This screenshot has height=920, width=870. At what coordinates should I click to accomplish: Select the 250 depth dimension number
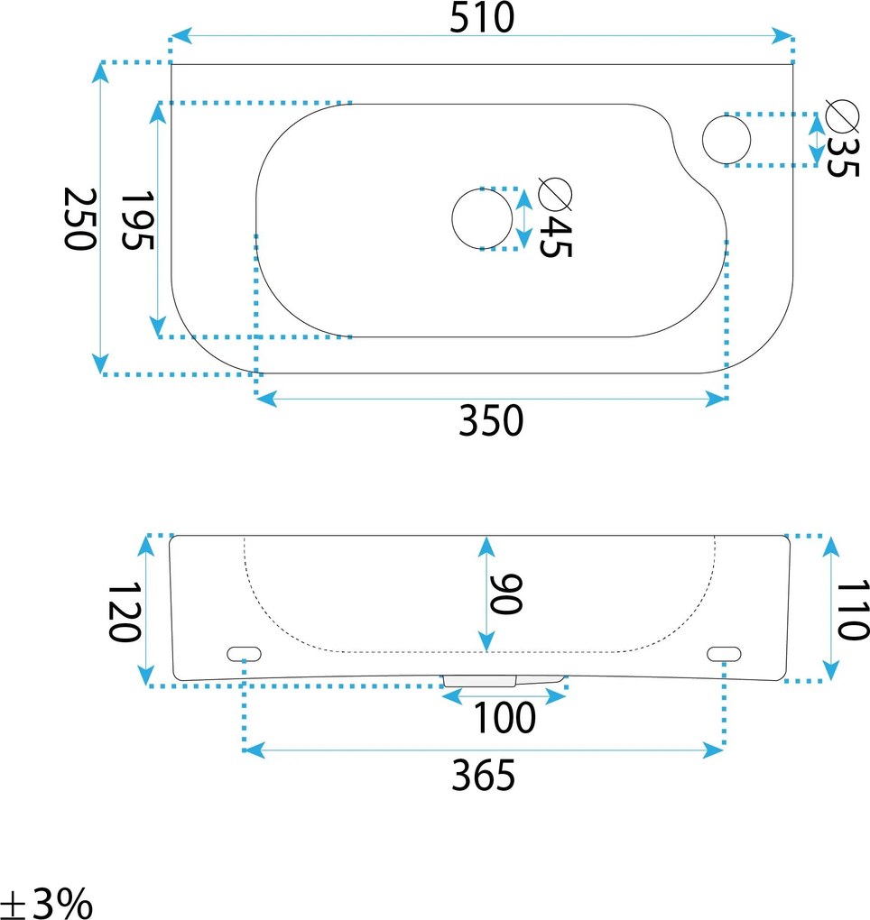coord(79,220)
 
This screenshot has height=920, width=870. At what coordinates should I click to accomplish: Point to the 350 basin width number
coord(490,420)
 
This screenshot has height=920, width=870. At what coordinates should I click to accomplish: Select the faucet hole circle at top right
coord(727,139)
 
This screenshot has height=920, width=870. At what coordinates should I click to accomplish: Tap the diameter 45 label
coord(554,219)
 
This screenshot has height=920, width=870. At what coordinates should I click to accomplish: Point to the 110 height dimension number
coord(850,610)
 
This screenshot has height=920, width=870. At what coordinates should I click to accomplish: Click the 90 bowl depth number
coord(507,593)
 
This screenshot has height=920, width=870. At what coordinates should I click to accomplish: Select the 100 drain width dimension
coord(505,719)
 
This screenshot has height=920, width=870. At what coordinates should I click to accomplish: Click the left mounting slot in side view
coord(244,652)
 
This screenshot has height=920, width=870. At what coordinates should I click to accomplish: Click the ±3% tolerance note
coord(47,902)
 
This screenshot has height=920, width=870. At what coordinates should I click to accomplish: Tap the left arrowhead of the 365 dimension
coord(254,750)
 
